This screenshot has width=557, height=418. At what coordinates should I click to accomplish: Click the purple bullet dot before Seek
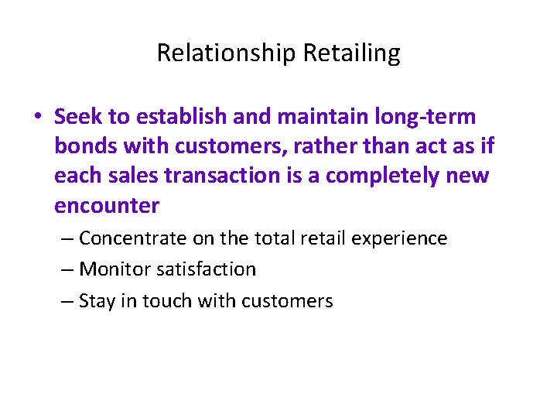[x=39, y=118]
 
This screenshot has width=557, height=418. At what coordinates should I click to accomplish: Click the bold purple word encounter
[x=107, y=205]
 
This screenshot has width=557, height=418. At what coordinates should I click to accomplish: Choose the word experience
[x=399, y=238]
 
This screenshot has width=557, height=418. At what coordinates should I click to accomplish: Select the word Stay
[x=97, y=301]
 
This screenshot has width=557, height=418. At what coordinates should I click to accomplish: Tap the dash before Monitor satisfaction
[x=67, y=269]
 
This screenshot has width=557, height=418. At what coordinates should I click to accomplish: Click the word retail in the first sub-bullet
[x=323, y=238]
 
